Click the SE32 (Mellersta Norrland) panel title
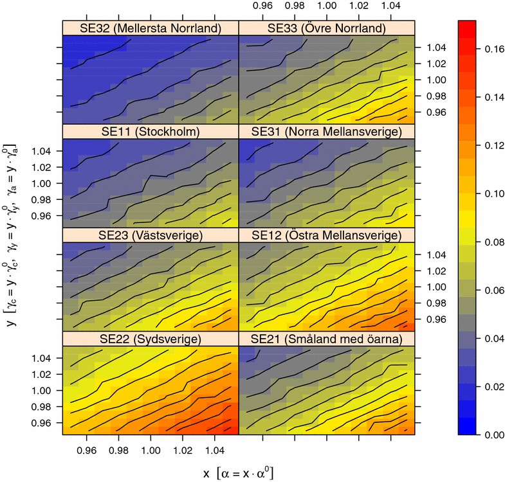(150, 28)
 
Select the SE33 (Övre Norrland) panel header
(327, 28)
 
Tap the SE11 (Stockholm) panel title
(150, 132)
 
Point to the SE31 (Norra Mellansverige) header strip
(327, 132)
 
